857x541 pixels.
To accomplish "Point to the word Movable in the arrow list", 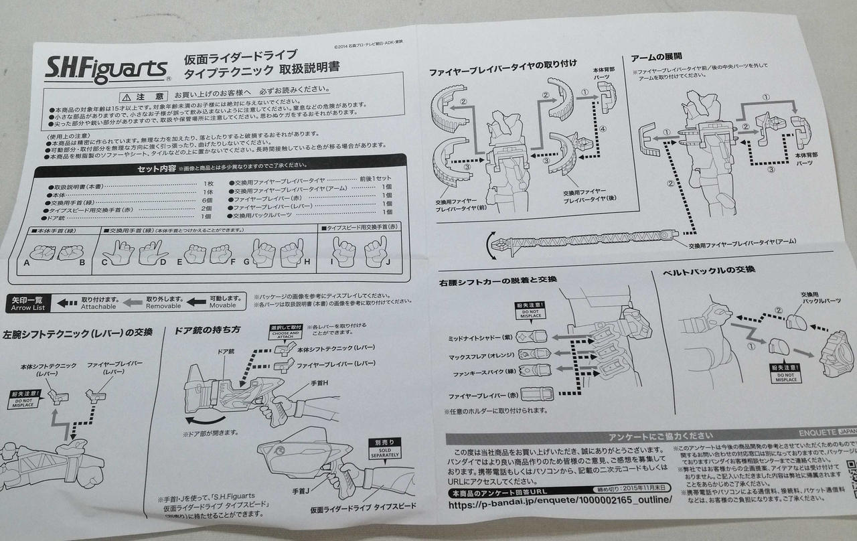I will (223, 305).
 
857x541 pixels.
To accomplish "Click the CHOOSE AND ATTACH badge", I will (285, 332).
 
